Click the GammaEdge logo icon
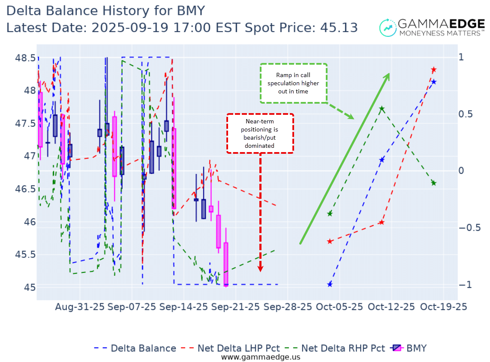point(388,27)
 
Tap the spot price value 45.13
point(341,27)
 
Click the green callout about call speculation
point(293,83)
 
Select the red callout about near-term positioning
point(260,133)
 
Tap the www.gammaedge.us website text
point(261,357)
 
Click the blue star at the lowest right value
point(330,284)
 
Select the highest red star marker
point(433,69)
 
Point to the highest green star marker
point(382,109)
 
